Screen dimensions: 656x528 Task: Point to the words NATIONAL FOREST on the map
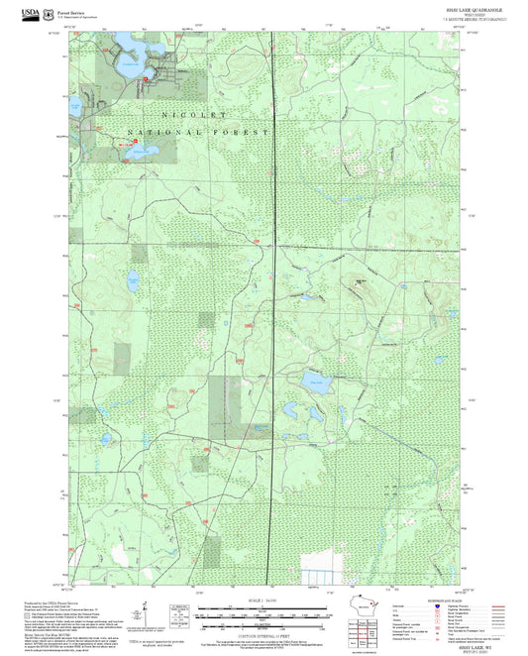(198, 132)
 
